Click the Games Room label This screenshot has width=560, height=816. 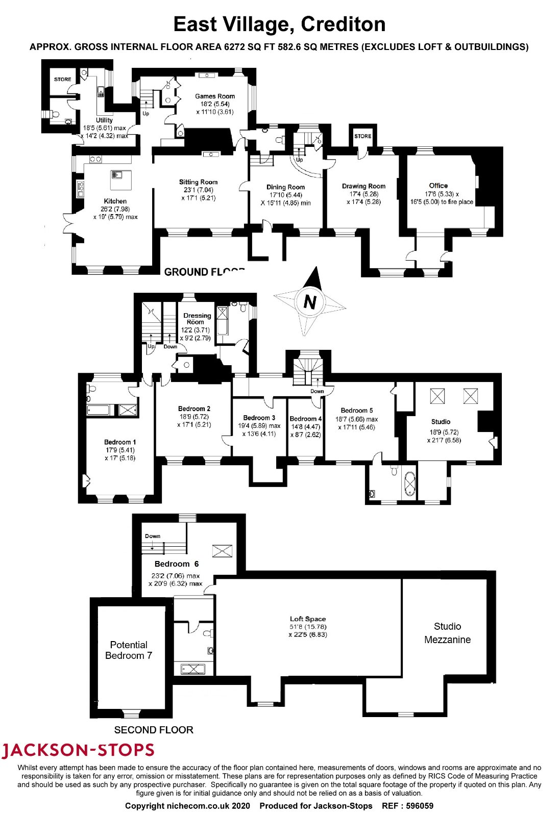pos(215,96)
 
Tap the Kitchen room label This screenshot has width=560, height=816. pos(115,201)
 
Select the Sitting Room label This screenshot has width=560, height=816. pos(199,182)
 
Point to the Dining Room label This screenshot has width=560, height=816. pos(285,187)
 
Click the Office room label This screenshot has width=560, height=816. pos(438,186)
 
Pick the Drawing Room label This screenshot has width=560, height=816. pos(363,186)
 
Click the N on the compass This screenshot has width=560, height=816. pos(310,301)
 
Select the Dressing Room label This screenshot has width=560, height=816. pos(197,319)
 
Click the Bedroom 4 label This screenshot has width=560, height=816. pos(305,419)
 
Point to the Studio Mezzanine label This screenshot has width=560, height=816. pos(447,633)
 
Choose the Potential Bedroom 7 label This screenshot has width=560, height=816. pos(129,650)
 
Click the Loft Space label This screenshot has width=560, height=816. pos(308,619)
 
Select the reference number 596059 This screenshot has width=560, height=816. pos(419,806)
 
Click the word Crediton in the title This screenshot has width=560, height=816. pos(343,24)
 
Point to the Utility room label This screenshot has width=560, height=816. pos(104,120)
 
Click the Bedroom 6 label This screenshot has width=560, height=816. pos(177,564)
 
